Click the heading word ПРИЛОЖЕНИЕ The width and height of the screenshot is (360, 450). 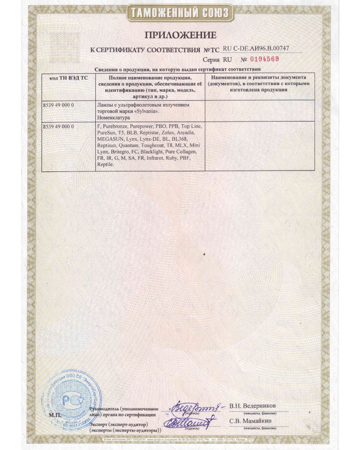(x=180, y=35)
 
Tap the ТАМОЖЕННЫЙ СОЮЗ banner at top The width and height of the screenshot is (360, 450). (x=180, y=12)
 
